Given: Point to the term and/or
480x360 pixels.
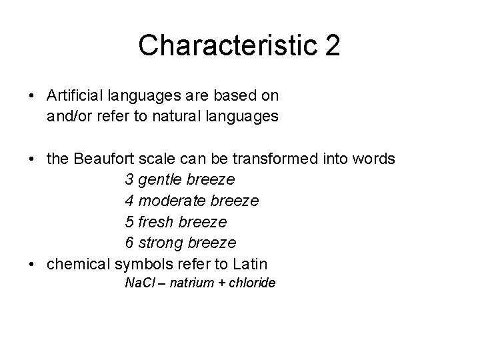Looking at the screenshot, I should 69,117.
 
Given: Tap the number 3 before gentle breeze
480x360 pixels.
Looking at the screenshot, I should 129,180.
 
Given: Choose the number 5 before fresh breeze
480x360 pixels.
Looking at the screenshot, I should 129,221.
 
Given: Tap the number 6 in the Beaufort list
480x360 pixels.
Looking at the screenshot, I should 129,242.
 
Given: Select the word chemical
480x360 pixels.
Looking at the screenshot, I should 79,263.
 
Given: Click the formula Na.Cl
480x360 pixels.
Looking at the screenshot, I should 140,283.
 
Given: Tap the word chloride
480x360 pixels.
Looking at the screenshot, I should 253,283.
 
